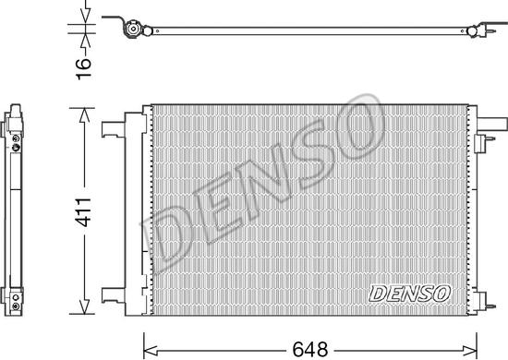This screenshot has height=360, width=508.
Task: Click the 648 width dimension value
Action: [310, 350]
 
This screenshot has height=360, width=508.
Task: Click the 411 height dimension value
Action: [83, 210]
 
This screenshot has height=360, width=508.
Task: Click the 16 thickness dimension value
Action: [83, 68]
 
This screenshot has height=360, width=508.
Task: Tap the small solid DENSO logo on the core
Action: [410, 294]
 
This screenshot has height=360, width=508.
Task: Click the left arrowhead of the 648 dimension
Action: [151, 350]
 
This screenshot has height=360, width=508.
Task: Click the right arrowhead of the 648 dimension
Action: [470, 350]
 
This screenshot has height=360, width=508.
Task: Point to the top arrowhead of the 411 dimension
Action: [84, 115]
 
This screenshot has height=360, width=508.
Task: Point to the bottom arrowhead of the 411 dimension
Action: [84, 306]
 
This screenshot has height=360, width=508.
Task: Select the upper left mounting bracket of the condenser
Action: [113, 129]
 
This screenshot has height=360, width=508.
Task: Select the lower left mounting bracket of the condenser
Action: [113, 295]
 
